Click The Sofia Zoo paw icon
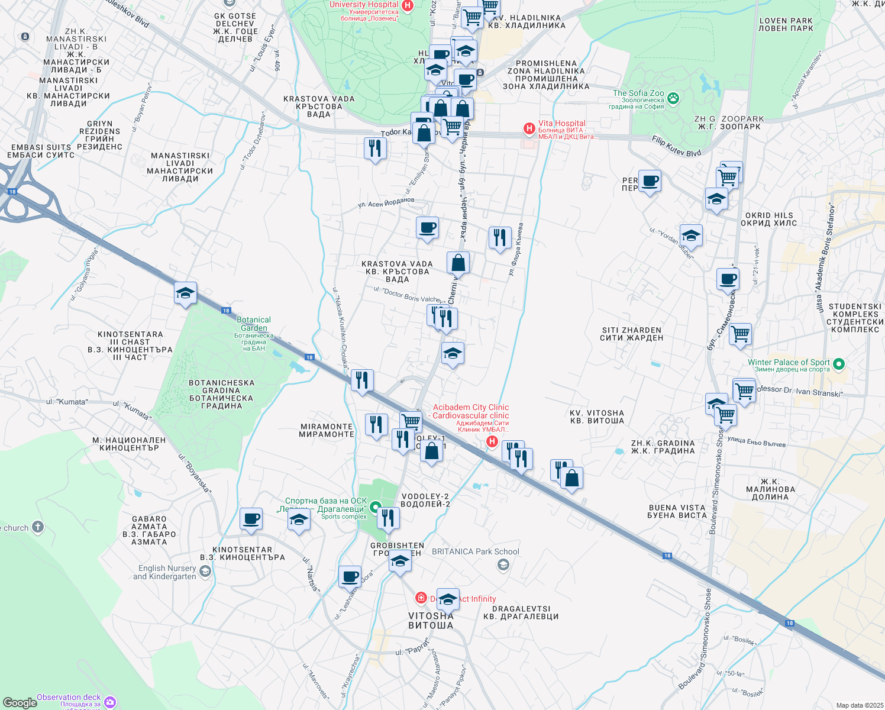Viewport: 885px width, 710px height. (x=673, y=98)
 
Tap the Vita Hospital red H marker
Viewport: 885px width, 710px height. (x=529, y=128)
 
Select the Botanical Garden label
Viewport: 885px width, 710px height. (x=254, y=324)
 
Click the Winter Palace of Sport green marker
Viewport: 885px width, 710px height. (x=839, y=363)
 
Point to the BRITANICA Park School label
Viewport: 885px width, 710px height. (x=476, y=551)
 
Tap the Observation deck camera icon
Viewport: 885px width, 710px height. (x=110, y=702)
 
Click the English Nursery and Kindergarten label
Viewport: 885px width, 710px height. (x=166, y=572)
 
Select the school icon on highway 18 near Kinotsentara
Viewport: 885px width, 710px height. (x=185, y=293)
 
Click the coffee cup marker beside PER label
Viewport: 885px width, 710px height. (x=650, y=181)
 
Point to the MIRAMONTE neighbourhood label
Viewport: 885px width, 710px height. (x=327, y=430)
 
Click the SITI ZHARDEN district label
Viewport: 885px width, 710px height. (x=631, y=334)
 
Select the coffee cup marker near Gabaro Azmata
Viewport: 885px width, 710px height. (x=251, y=519)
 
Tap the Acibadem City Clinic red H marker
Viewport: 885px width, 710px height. (x=492, y=441)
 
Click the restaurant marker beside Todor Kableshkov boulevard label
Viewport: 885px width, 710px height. (x=375, y=147)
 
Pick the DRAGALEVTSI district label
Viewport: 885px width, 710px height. (x=521, y=612)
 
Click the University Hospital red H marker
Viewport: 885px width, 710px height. (x=407, y=6)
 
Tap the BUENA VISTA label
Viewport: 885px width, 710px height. (x=677, y=511)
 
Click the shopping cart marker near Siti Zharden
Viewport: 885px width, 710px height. (x=740, y=334)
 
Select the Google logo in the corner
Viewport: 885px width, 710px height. (x=20, y=703)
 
